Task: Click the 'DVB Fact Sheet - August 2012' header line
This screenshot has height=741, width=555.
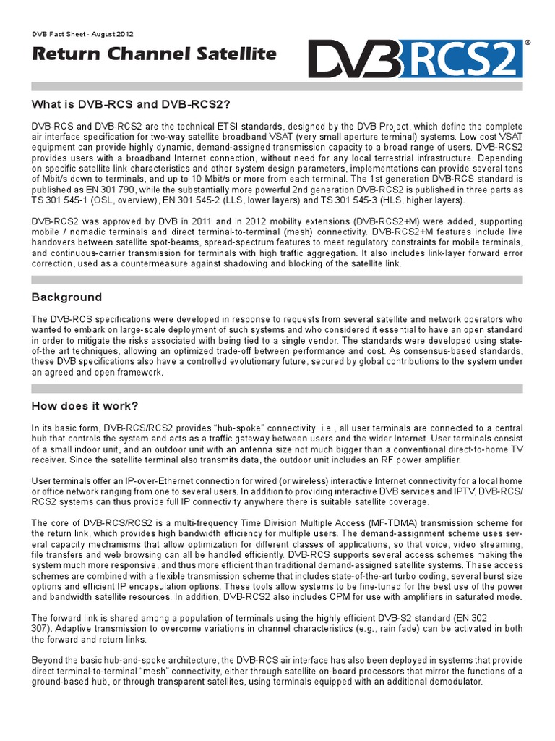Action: point(82,34)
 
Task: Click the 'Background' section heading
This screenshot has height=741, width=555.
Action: point(66,297)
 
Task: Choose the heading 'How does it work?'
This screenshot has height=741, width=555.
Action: point(85,405)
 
